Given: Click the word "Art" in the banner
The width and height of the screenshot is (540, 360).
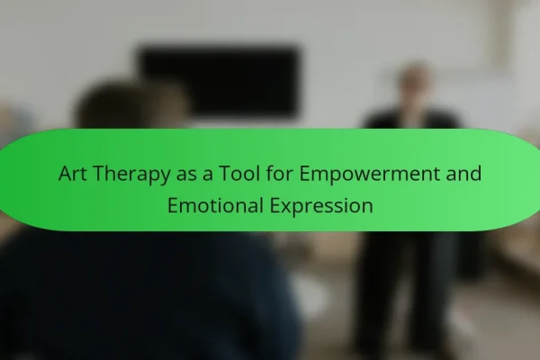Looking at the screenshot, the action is pos(72,174).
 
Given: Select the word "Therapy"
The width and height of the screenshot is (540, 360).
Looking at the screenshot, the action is pos(131,175).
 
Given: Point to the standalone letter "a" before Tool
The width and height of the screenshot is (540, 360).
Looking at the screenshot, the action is pos(208,175).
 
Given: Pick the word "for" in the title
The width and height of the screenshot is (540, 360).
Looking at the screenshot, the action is pos(279,174).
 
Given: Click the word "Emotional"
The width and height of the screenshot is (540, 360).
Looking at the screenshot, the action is pos(215,205).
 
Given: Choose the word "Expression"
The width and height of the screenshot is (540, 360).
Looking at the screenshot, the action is pos(321,207).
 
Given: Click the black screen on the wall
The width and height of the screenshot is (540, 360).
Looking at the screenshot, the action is pos(219,82).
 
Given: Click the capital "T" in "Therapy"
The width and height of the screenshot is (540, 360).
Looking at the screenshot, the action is pos(99,174).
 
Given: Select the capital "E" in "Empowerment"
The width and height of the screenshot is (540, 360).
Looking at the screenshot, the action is pos(304,174).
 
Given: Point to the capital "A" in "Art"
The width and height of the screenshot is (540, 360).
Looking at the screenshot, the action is pos(66,174).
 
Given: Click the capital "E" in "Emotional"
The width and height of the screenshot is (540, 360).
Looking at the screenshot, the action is pos(173,206).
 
